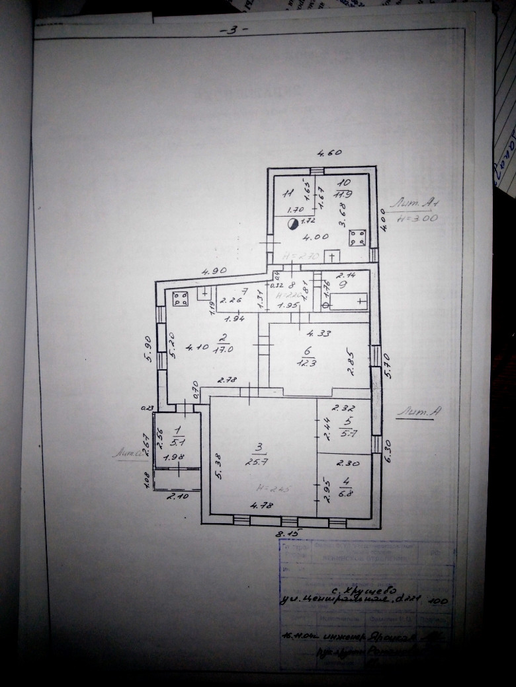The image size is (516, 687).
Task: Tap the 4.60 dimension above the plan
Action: click(x=329, y=153)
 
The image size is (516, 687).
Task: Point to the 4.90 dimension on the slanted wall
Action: click(x=214, y=271)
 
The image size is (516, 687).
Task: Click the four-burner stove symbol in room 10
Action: click(x=358, y=237)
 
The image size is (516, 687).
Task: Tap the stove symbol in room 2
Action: click(x=180, y=299)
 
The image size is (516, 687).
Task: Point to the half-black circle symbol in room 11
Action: click(x=292, y=225)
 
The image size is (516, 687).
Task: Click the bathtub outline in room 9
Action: click(x=347, y=303)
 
